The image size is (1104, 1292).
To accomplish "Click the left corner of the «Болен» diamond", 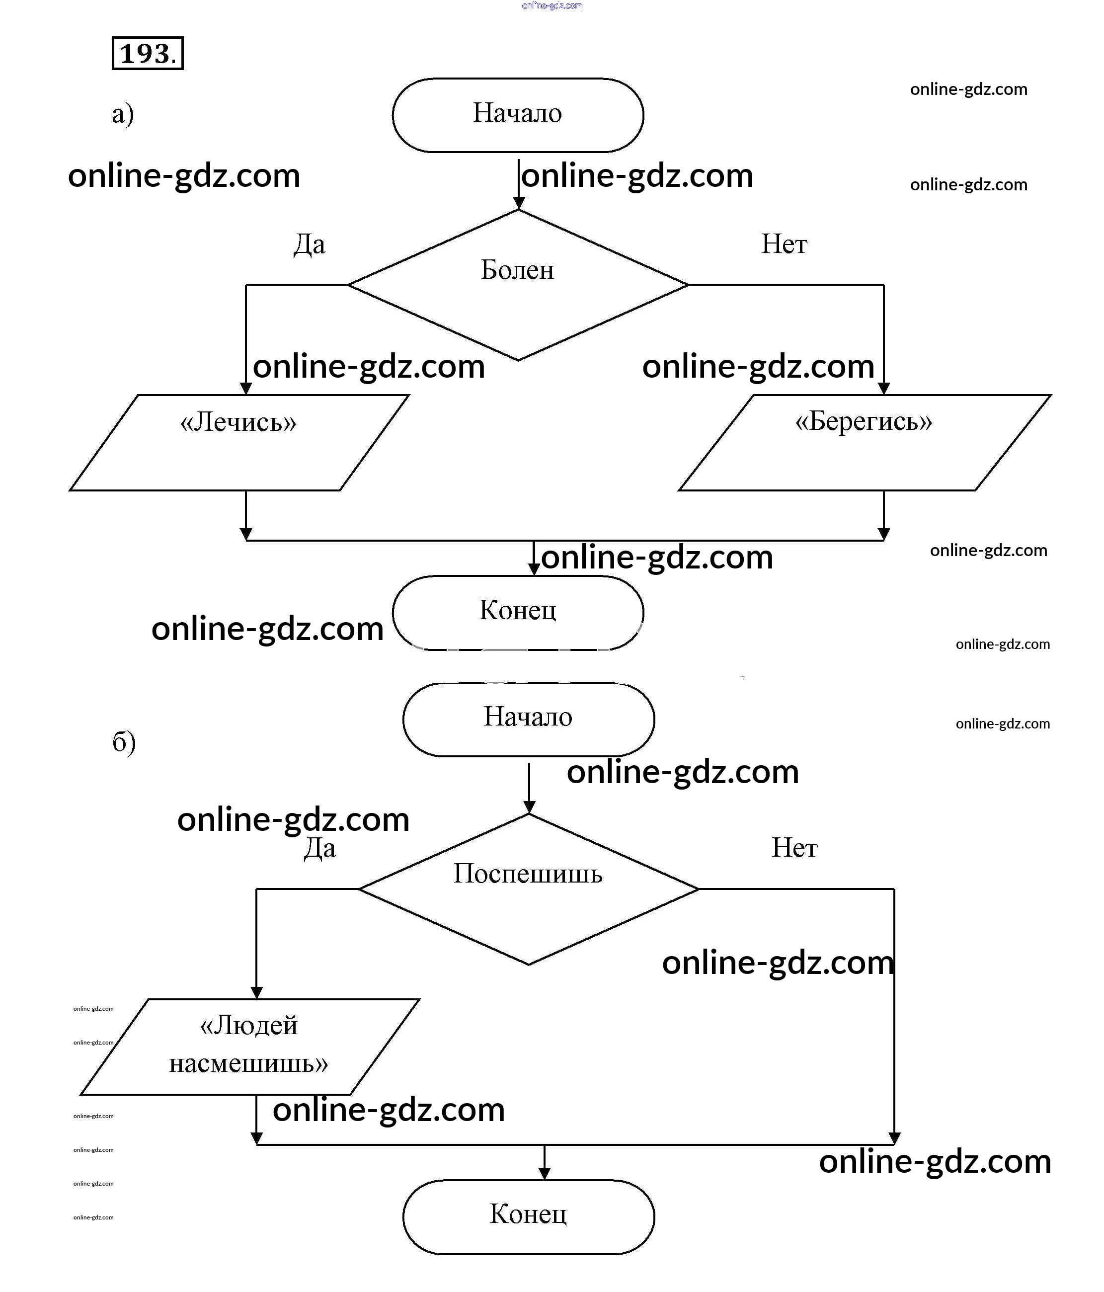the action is point(348,285).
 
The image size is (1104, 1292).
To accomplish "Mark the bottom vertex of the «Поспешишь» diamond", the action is point(529,965).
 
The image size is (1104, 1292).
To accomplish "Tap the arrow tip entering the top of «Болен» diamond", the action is point(518,209).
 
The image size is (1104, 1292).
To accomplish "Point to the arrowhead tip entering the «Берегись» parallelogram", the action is point(883,394).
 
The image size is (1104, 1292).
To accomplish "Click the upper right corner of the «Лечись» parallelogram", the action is point(409,395).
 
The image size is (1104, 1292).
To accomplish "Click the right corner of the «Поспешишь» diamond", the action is point(699,889).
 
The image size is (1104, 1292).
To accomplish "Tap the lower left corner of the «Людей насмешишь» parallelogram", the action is point(80,1094).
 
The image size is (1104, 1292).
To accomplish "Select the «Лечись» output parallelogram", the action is point(239,443).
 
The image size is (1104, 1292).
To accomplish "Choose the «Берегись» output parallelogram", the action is point(865,443).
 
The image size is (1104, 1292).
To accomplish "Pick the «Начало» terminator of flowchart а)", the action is point(518,115).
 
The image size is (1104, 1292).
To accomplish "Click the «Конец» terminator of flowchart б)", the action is point(529,1217).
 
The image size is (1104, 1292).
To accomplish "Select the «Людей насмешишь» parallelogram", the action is point(250,1047).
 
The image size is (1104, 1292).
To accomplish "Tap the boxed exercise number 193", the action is point(148,54).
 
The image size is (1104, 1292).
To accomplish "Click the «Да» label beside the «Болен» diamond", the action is point(310,244).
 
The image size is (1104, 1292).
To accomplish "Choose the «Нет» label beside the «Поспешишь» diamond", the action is point(794,848).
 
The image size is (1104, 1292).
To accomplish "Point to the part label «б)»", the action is point(124,742).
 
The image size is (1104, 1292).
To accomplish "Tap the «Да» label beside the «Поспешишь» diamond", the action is point(320,848).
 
